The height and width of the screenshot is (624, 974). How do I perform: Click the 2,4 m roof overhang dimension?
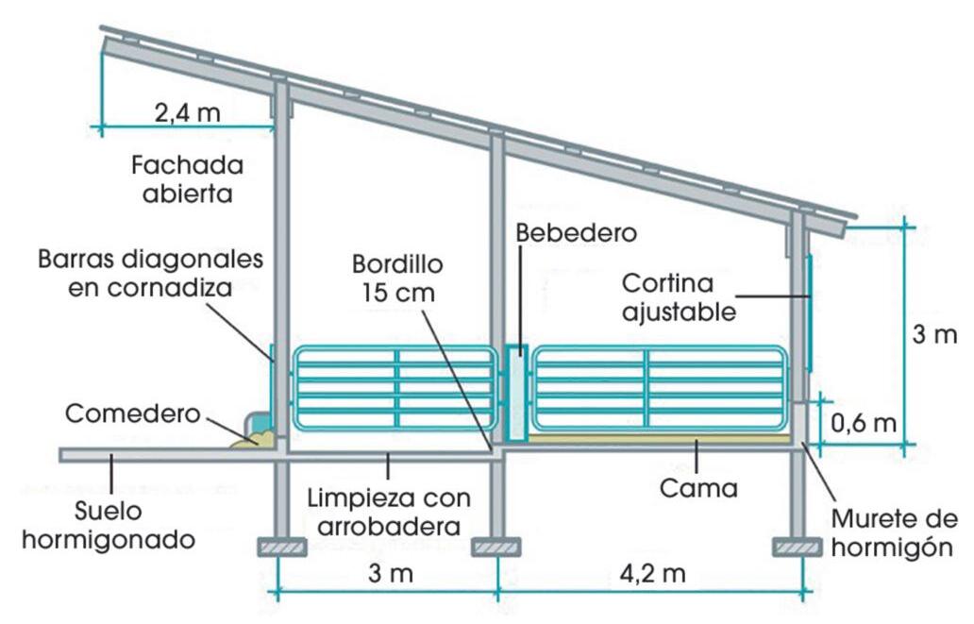coord(187,113)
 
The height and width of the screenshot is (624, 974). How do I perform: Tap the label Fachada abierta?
coord(187,179)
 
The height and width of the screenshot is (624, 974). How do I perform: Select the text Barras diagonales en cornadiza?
coord(151,273)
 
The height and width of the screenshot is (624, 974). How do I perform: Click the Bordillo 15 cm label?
coord(396,278)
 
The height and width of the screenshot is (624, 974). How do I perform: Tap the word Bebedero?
coord(577,231)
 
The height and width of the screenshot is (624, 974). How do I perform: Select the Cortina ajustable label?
coord(679,296)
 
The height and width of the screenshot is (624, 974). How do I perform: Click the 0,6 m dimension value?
coord(864,422)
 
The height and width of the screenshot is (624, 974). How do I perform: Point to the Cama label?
coord(697,489)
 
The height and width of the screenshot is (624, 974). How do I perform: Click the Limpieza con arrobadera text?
coord(387,513)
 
